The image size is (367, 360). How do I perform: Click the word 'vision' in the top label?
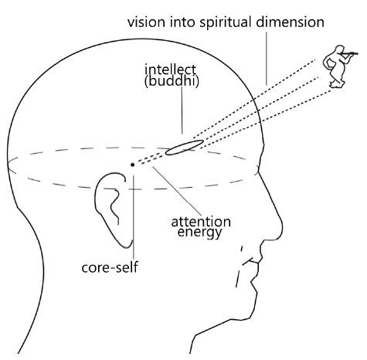(x=146, y=22)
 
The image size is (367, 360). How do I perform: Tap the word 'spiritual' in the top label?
(x=225, y=23)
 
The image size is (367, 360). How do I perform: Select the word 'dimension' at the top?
(x=290, y=22)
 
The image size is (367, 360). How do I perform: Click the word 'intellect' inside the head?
(x=170, y=70)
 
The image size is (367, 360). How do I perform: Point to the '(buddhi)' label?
(x=172, y=81)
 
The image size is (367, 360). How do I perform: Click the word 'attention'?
(x=201, y=222)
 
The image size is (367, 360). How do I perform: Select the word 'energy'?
(x=199, y=233)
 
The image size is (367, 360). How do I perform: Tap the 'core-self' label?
(x=110, y=267)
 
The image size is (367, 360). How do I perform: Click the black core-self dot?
(x=132, y=165)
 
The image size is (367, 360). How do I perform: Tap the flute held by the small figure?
(x=349, y=53)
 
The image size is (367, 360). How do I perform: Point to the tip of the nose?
(x=282, y=226)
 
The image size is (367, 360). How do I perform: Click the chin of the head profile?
(x=253, y=309)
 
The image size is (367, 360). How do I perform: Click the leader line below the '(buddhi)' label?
(x=182, y=110)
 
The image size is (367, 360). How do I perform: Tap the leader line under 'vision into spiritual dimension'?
(x=267, y=59)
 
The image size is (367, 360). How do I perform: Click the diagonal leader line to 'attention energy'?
(x=177, y=191)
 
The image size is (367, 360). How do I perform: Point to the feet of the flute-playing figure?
(x=337, y=84)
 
